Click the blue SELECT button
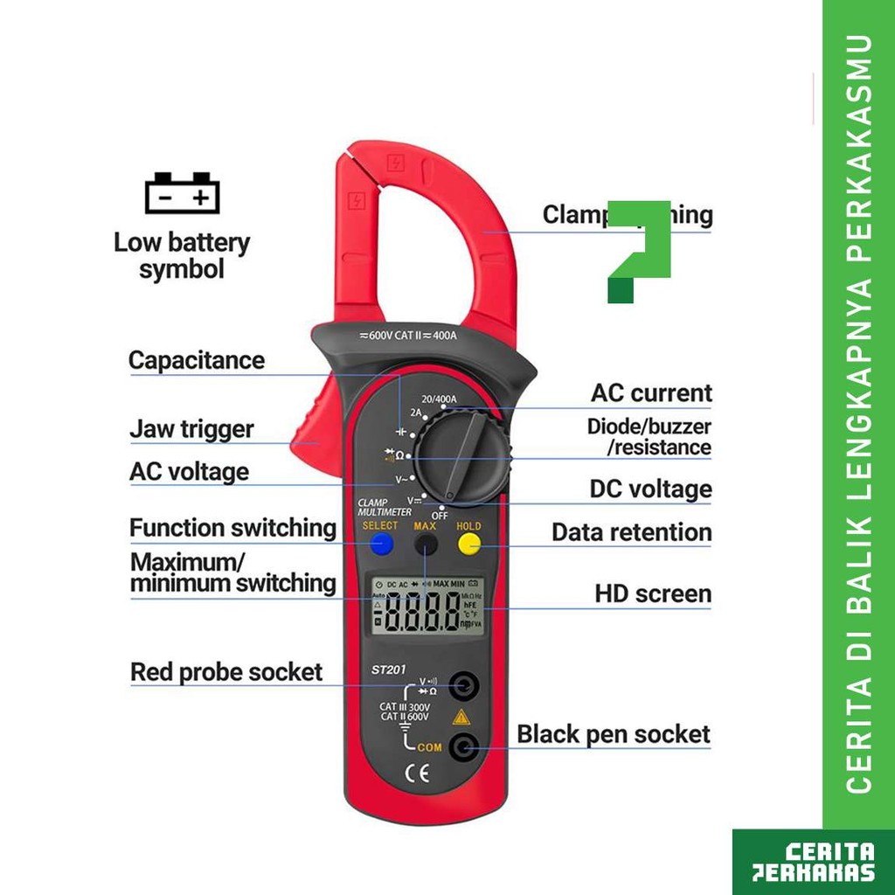[381, 545]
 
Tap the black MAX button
[426, 545]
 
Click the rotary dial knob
[462, 457]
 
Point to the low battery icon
[182, 193]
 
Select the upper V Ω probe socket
[462, 685]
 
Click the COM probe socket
[462, 746]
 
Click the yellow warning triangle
[461, 718]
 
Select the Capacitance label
[196, 360]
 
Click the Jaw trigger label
[191, 429]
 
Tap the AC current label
[651, 393]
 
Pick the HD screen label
[653, 594]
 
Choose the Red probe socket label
[226, 672]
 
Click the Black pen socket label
[614, 734]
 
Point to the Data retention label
[631, 532]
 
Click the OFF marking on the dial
[439, 516]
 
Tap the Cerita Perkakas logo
[814, 862]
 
